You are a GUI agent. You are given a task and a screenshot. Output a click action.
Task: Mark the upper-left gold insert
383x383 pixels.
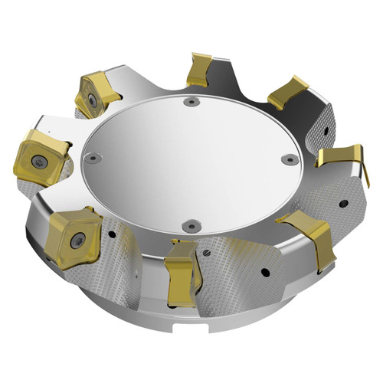(94, 95)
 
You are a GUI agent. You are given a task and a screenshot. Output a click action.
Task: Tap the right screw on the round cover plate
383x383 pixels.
(289, 159)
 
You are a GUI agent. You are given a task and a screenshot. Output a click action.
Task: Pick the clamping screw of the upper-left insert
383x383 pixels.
(91, 100)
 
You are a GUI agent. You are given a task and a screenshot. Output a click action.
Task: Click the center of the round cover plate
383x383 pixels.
(191, 161)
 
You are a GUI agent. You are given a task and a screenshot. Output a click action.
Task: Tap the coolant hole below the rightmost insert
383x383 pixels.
(342, 205)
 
